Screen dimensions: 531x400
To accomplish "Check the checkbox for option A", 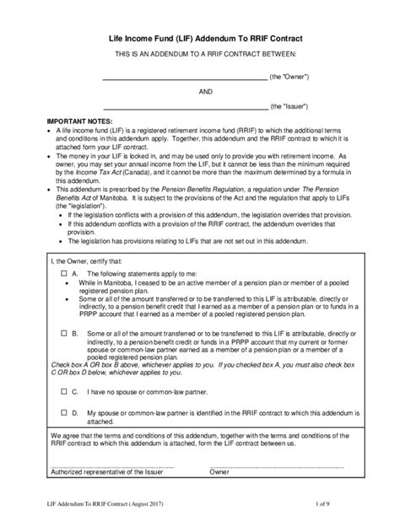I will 64,275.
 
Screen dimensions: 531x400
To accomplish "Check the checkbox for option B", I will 64,335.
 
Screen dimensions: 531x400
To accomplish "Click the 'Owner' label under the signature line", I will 219,472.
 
